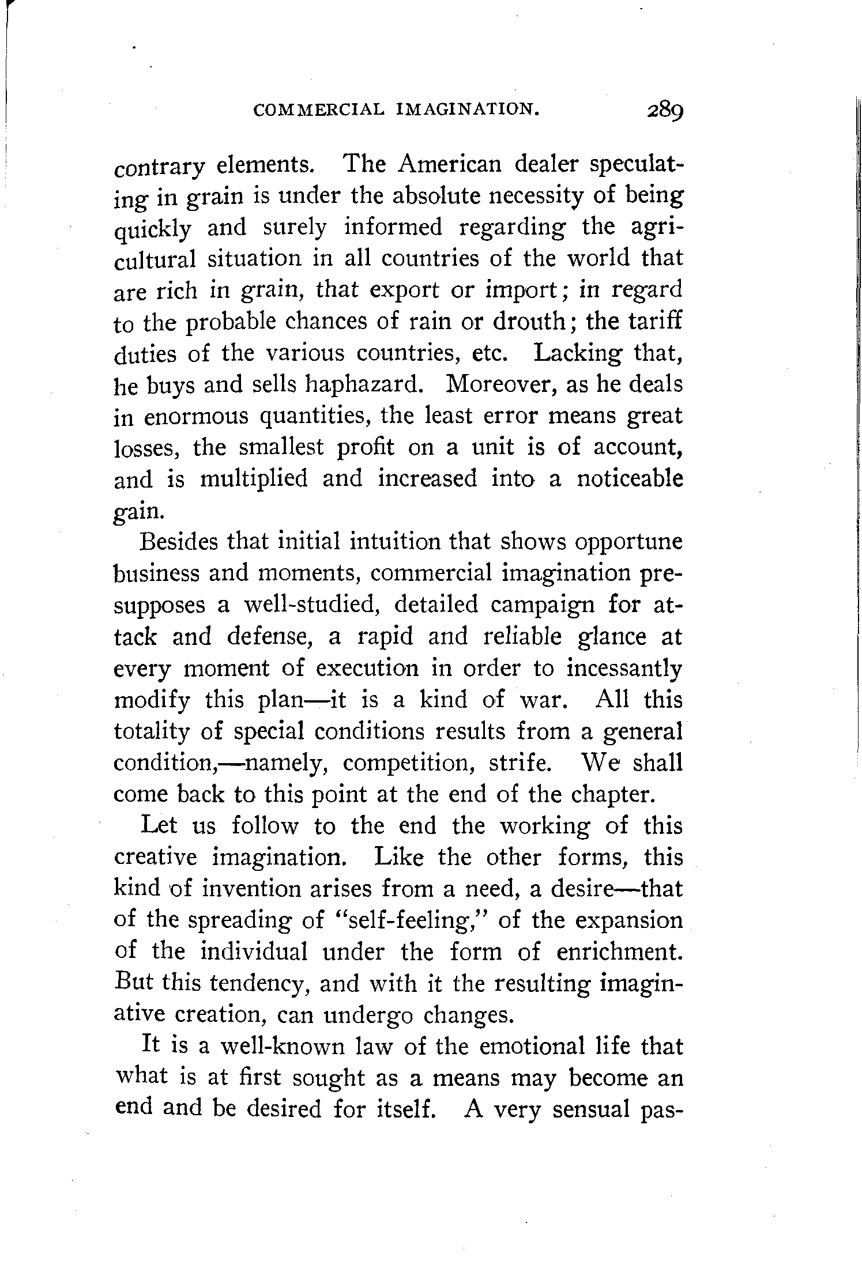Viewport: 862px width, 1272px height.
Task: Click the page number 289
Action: [x=664, y=110]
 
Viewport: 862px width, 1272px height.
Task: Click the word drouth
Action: [x=529, y=320]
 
